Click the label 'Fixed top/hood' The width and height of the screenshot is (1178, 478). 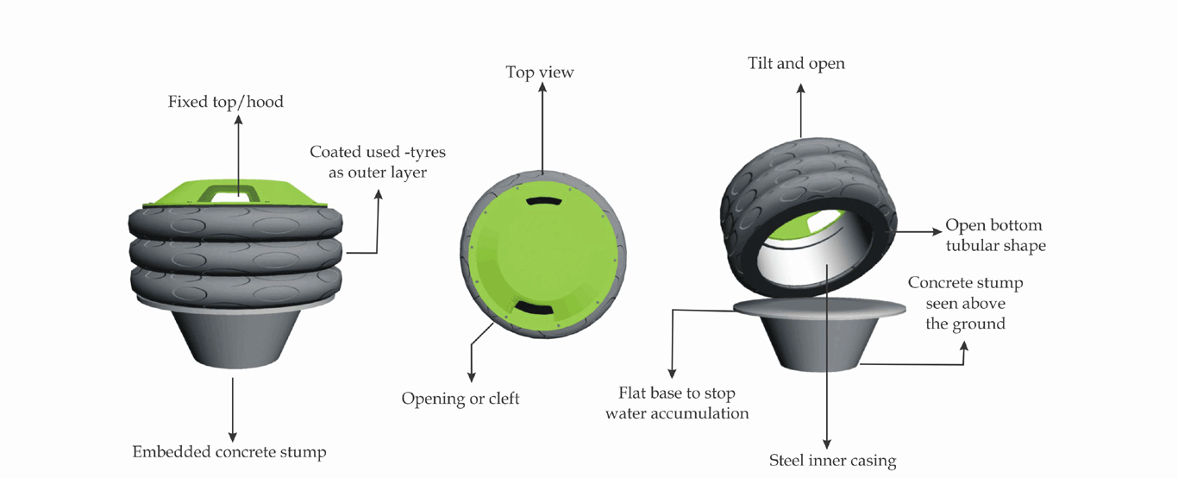click(226, 101)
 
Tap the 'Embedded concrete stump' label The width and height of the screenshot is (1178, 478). click(229, 451)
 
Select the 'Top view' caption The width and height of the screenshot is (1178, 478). click(540, 72)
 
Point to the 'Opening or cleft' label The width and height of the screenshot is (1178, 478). click(461, 399)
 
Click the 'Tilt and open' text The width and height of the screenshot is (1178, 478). click(796, 64)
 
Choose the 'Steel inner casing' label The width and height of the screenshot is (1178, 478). click(832, 461)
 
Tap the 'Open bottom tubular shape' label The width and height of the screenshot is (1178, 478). click(995, 236)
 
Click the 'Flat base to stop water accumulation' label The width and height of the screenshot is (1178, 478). click(677, 403)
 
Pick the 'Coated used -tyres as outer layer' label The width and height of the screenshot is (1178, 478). click(378, 161)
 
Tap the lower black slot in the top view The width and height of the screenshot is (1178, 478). click(534, 309)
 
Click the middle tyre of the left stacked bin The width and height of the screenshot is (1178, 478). click(235, 254)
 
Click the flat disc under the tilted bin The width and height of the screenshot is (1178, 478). click(819, 307)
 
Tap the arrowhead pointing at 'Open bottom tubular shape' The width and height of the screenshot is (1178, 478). click(937, 231)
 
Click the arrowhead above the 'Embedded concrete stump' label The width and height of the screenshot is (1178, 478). click(233, 437)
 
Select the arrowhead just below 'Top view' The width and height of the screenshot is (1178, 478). click(542, 87)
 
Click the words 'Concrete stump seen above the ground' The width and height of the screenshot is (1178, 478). click(966, 303)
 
